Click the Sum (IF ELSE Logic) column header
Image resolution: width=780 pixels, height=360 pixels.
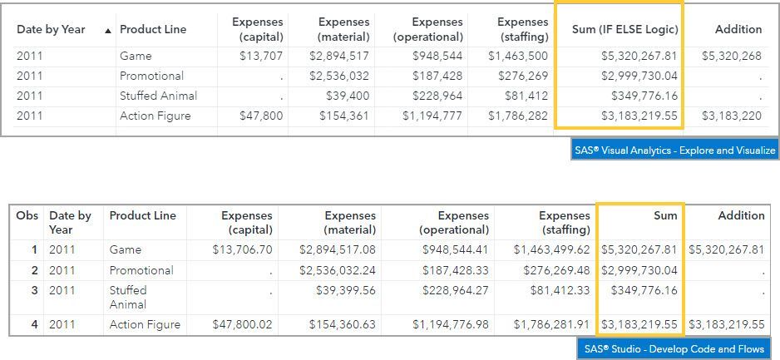625,29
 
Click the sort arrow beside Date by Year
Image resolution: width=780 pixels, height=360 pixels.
107,30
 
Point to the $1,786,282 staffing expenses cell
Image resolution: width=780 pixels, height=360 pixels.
518,116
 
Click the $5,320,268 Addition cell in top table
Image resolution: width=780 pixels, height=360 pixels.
731,56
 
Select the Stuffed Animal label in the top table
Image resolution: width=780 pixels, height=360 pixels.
159,96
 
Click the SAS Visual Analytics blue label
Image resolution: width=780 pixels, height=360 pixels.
674,150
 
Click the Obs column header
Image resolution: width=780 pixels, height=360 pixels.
27,215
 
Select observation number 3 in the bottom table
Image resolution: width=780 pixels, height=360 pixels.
34,290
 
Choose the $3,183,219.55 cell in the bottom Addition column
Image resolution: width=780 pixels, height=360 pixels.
726,324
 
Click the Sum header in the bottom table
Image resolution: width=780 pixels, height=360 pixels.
665,215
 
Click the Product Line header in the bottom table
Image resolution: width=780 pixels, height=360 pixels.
143,215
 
